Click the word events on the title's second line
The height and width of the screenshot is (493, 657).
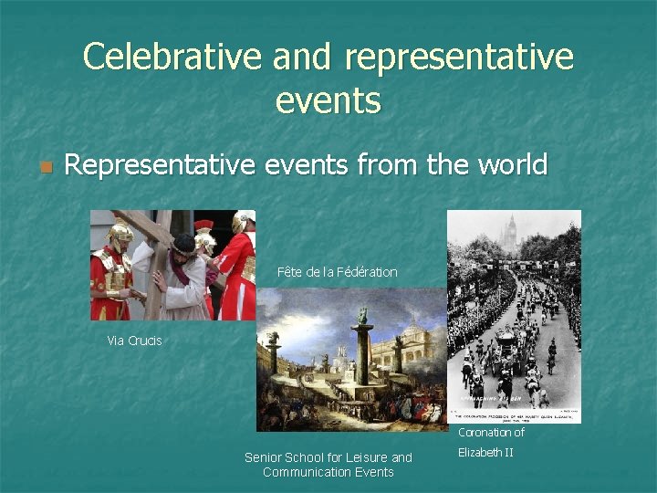tap(328, 100)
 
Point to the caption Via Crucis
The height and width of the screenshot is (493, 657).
tap(134, 341)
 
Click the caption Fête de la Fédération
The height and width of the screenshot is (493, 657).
tap(338, 272)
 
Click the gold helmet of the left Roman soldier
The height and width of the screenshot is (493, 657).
tap(119, 232)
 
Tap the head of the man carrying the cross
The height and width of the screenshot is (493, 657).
tap(182, 245)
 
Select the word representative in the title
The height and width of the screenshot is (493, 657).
tap(459, 58)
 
